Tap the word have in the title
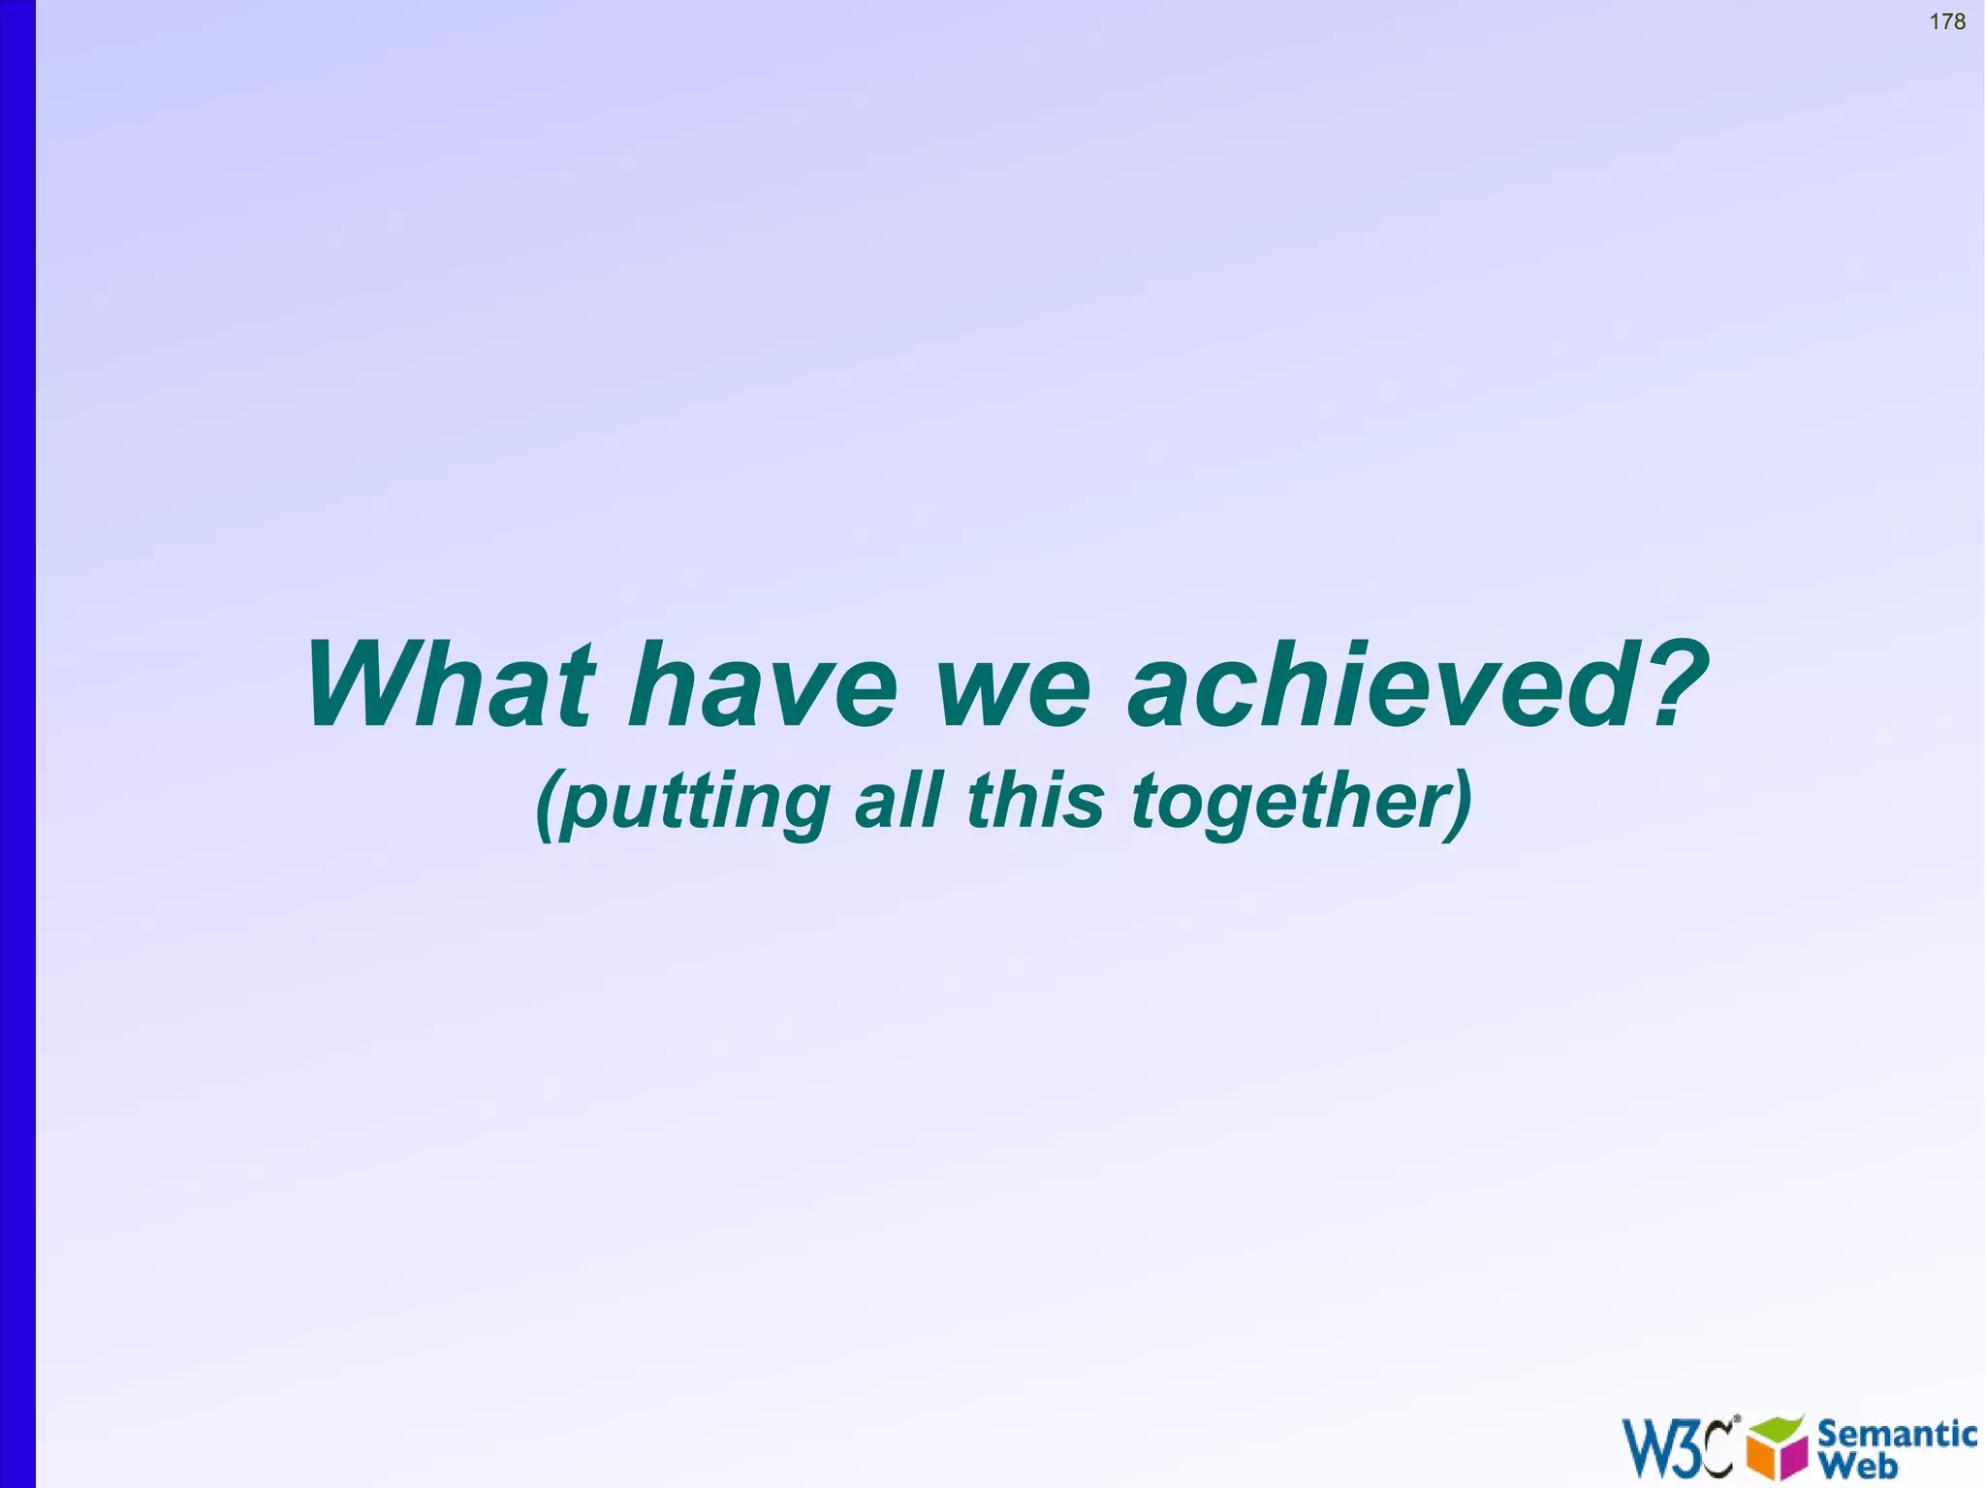point(764,684)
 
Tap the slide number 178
point(1947,21)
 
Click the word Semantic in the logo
point(1897,1434)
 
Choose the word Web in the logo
point(1858,1465)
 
